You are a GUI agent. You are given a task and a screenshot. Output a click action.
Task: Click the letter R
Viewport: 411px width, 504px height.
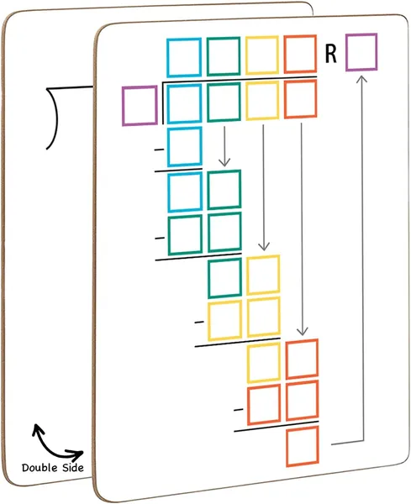click(331, 54)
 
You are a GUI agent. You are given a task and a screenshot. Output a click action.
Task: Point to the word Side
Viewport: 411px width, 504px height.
click(72, 467)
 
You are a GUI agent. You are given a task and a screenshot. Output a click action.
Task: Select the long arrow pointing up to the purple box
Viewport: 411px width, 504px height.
click(363, 257)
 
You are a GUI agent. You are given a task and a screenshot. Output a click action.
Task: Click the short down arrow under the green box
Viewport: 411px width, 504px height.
click(224, 146)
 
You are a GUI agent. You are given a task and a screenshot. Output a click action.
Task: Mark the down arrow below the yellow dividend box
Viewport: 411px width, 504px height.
click(263, 187)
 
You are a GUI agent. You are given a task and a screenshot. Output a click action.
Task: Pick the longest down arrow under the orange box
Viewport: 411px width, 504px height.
click(302, 228)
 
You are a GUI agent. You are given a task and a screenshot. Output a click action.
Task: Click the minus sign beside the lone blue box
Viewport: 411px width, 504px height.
click(159, 150)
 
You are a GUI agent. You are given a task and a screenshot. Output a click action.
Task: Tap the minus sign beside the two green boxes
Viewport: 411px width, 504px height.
click(160, 239)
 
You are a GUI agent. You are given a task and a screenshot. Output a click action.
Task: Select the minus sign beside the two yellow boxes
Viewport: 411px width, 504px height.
click(199, 322)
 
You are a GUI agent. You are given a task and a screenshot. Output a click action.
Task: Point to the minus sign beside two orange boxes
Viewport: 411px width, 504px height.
click(239, 410)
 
